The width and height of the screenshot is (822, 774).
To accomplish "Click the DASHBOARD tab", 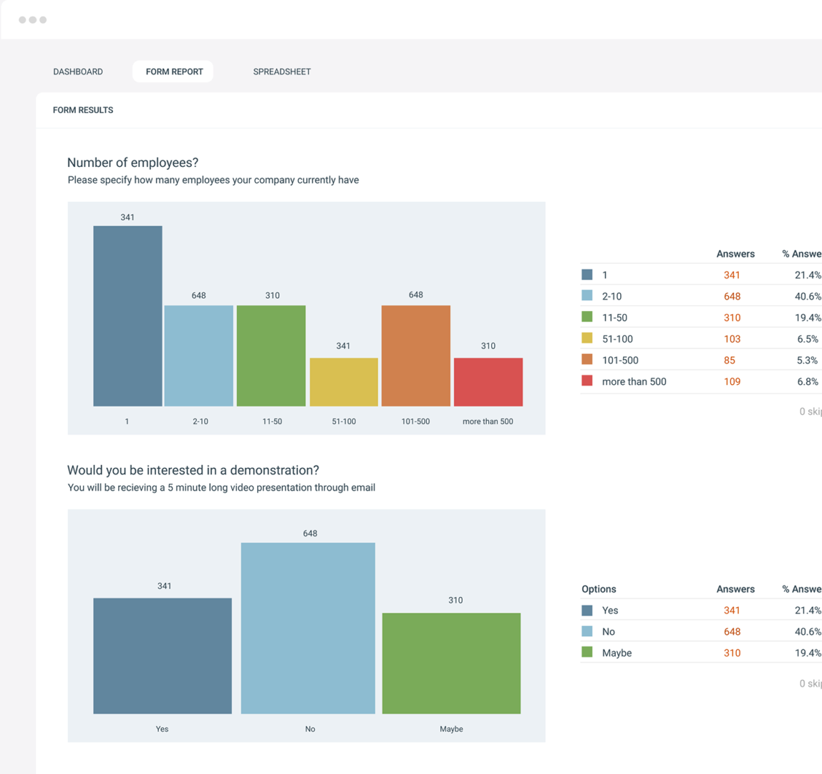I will pos(78,72).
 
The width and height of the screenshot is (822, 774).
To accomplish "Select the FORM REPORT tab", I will pos(174,72).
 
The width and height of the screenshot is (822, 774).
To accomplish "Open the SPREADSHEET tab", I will pos(281,72).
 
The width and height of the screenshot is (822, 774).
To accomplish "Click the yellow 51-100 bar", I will pos(344,382).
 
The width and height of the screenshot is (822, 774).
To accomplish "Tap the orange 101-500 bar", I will pos(416,356).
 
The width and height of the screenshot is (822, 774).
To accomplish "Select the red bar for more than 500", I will pos(488,382).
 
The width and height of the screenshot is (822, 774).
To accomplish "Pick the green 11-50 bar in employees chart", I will pos(271,356).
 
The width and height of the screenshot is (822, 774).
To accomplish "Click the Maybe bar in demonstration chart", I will pos(451,663).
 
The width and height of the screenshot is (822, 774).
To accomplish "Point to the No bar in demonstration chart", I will pos(308,628).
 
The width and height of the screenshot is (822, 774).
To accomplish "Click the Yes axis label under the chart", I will pos(162,729).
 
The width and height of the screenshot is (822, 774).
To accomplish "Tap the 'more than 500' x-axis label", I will pos(488,421).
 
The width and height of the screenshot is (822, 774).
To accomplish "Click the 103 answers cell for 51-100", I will pos(732,339).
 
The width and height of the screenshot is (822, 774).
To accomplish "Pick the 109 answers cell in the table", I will pos(732,382).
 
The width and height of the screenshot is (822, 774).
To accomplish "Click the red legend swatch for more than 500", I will pos(587,381).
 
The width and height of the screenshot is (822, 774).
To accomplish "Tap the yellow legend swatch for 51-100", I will pos(587,339).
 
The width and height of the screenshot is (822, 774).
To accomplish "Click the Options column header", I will pos(599,589).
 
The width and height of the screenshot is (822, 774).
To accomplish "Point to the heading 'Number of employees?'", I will pos(132,163).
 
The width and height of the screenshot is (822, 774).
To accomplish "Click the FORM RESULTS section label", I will pos(83,110).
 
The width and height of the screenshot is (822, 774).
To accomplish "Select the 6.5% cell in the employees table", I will pos(807,339).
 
